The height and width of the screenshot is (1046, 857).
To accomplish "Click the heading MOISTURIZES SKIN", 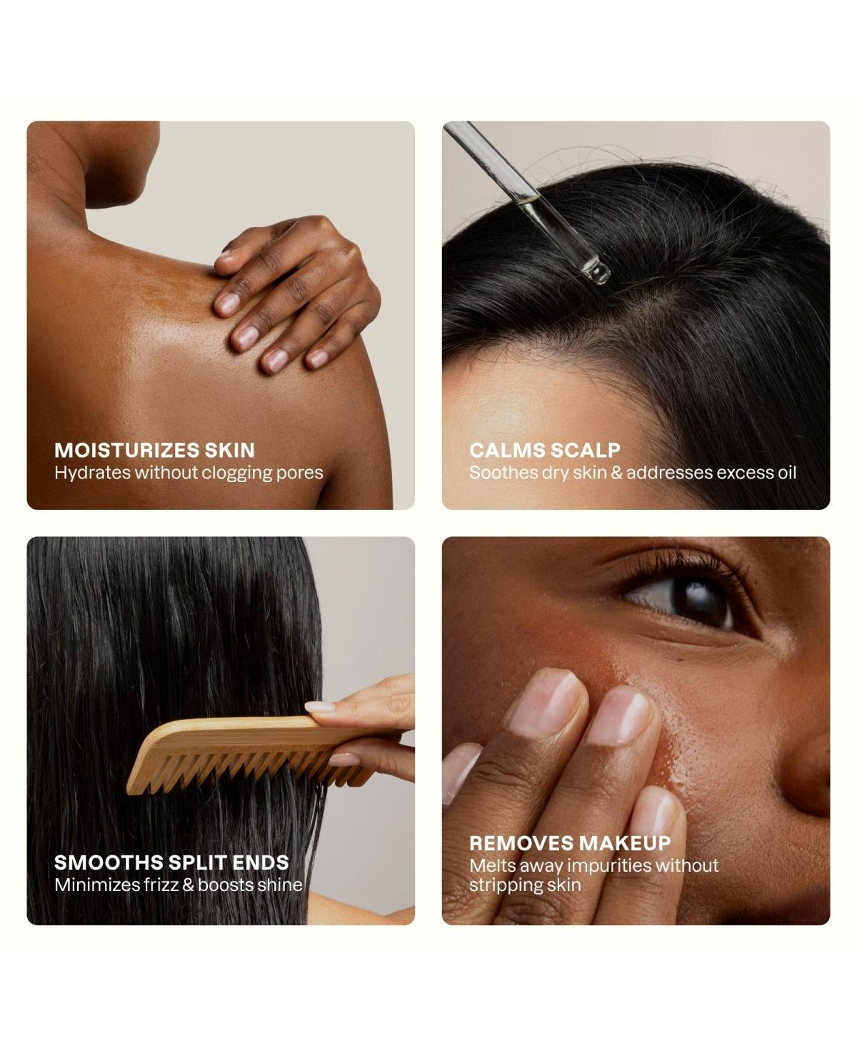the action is click(154, 451).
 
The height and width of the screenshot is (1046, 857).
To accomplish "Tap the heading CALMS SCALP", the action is click(544, 451).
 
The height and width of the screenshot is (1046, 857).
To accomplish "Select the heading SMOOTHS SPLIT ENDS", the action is click(171, 863).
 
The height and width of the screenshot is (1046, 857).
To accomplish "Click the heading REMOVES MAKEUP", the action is click(570, 843).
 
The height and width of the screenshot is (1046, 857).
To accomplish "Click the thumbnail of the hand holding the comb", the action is click(321, 708).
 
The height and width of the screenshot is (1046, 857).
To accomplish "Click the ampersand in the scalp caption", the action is click(616, 473).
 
